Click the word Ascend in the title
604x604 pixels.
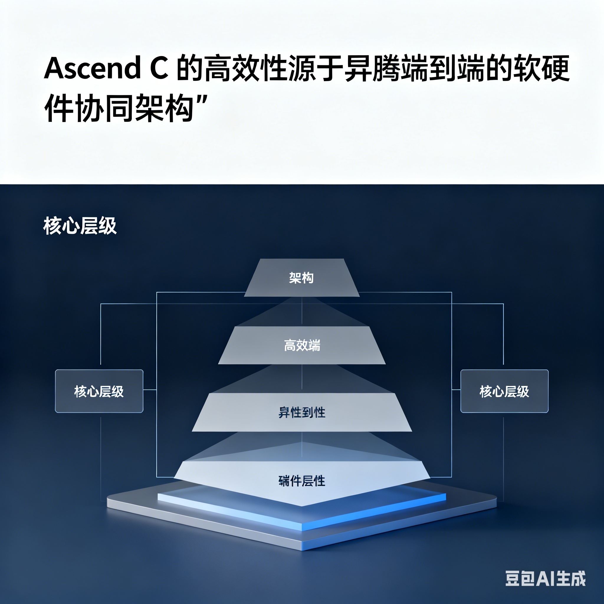pos(93,68)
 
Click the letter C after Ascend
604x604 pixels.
pos(159,68)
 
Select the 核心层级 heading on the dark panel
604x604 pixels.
pos(80,226)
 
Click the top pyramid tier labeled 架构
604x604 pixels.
pos(301,278)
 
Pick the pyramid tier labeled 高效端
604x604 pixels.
pos(302,345)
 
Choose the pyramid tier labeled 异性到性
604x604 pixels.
pos(302,413)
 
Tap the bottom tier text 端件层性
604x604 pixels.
pos(302,481)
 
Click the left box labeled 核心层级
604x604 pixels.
pos(99,391)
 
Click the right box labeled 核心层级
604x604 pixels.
pos(504,391)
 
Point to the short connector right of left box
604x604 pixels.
pos(150,390)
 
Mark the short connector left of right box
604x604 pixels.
pos(456,390)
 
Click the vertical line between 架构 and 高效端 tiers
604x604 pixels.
pos(302,311)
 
